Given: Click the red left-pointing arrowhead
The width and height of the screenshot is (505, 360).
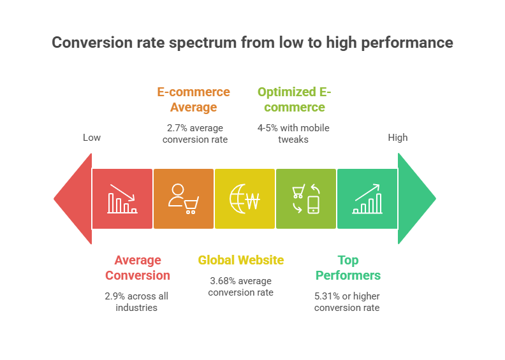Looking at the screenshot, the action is coord(76,199).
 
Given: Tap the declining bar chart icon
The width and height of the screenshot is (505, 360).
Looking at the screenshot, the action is coord(122,199).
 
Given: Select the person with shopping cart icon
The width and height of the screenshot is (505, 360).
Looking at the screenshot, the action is coord(184,199).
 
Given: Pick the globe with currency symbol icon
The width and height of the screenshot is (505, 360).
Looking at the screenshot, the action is coord(245,199).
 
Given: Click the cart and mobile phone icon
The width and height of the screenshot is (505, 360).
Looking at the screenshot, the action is coord(306,199).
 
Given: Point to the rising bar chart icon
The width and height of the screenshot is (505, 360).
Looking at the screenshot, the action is coord(367,199).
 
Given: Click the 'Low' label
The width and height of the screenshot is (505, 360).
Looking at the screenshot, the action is coord(92,138).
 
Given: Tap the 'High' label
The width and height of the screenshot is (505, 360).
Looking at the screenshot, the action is coord(398,138).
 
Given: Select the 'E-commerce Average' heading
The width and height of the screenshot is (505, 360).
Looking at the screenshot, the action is coord(194,99).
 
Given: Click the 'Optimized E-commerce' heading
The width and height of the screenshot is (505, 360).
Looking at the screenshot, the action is coord(295,99).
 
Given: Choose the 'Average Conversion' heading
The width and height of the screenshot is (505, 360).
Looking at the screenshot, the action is coord(138,268).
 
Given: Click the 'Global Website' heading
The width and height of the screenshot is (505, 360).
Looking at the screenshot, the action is coord(241,260).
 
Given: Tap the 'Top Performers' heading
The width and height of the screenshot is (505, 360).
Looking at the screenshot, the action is coord(348,268).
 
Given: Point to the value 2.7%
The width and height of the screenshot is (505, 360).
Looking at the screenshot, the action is coord(177,128).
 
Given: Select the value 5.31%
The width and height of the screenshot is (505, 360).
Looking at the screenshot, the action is coord(327,296).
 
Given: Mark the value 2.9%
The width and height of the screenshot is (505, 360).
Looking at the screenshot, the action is coord(115,296).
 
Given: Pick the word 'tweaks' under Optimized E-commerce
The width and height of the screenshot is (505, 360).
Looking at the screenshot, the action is coord(293,140).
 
